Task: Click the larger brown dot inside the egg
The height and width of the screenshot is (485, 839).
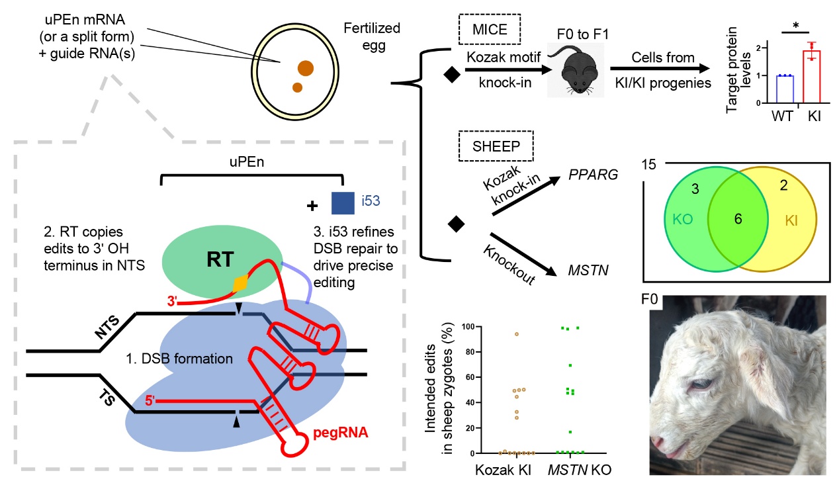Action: point(305,67)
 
